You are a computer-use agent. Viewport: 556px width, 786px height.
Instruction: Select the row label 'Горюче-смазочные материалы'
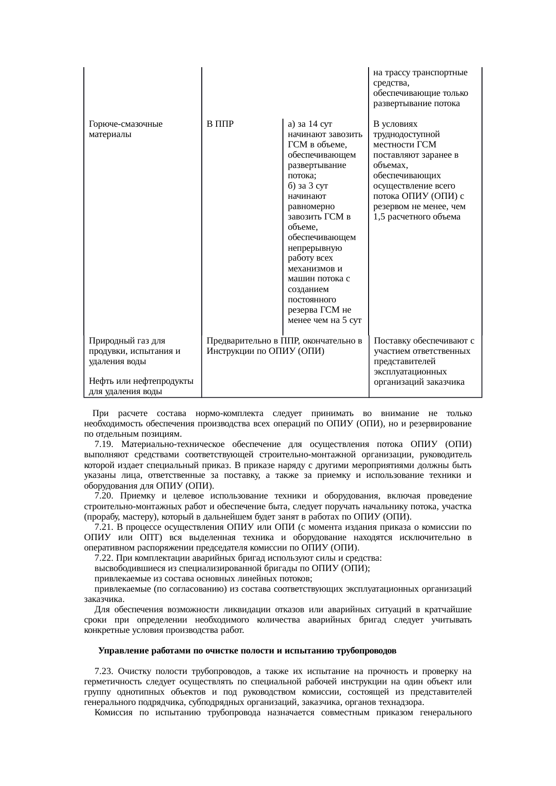126,129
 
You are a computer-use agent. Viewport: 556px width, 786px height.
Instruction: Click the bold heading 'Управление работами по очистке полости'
247,651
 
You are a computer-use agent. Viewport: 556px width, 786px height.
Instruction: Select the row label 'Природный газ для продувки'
135,351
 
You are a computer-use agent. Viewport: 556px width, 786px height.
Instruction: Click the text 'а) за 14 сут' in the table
309,124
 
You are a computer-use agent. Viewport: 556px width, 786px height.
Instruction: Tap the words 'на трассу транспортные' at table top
420,73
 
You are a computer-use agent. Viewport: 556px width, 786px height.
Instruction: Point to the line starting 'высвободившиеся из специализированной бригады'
232,568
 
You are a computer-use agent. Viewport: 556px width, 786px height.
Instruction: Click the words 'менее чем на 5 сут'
325,320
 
